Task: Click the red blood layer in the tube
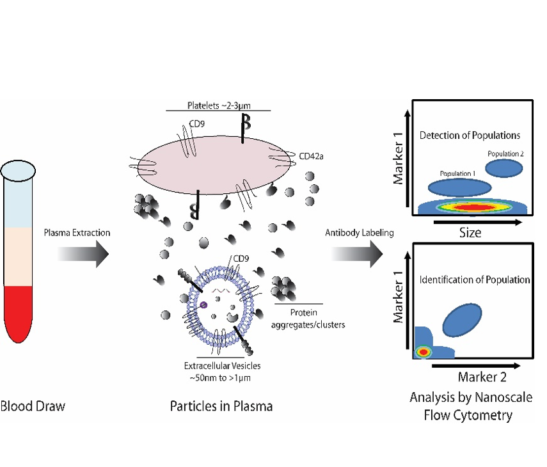pos(18,312)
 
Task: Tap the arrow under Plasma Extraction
pos(83,254)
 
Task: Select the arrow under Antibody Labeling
pos(357,254)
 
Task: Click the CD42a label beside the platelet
pos(311,156)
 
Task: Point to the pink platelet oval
pos(214,164)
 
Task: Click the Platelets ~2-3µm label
pos(219,106)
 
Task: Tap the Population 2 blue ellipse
pos(503,168)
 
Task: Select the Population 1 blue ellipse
pos(459,187)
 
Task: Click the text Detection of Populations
pos(470,136)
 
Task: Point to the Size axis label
pos(470,233)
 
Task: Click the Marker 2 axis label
pos(482,377)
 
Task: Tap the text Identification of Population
pos(475,280)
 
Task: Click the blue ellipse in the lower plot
pos(462,320)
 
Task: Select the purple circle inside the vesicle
pos(203,305)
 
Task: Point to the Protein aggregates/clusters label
pos(308,319)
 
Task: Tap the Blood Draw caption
pos(33,406)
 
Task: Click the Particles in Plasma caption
pos(221,406)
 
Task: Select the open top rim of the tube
pos(18,171)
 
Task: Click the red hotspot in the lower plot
pos(423,352)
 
